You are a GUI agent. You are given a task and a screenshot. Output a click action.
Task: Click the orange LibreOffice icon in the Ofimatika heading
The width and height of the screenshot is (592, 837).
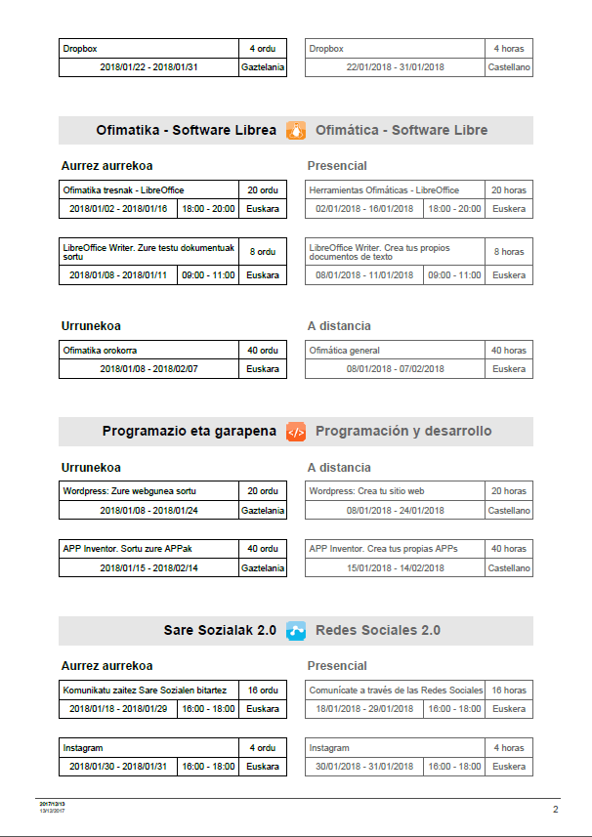pos(296,130)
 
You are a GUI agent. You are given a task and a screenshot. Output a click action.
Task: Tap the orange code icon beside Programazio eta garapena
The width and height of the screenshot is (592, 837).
pos(296,431)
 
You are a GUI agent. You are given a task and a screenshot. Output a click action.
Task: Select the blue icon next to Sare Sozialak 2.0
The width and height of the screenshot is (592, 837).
pos(296,630)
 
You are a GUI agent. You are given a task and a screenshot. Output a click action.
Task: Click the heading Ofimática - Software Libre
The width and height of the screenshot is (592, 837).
pos(402,130)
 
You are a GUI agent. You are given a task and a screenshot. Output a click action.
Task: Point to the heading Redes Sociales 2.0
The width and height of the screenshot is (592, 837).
pos(378,630)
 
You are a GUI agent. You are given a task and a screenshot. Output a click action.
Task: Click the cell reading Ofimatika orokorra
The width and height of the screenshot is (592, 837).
pos(148,350)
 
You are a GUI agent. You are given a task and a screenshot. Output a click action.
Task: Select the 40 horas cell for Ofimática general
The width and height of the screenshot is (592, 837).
pos(508,350)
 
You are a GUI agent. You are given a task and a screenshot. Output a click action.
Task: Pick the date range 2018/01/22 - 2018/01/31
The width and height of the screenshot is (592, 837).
pos(148,67)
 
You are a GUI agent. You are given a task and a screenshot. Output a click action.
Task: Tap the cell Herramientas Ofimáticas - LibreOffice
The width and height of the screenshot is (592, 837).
pos(395,189)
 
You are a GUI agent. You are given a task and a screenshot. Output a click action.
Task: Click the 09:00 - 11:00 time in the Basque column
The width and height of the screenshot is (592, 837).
pos(208,275)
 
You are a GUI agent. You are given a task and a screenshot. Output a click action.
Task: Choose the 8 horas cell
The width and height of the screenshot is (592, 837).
pos(508,251)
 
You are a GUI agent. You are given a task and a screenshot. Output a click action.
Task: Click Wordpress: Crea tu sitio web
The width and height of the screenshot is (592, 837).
pos(395,490)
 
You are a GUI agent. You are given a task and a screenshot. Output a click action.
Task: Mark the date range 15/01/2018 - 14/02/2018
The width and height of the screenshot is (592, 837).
pos(395,567)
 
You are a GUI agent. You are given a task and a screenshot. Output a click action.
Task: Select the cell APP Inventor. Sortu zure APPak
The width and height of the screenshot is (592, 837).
pos(148,548)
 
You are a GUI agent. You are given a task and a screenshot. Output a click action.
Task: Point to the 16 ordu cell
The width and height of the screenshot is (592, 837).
pos(263,690)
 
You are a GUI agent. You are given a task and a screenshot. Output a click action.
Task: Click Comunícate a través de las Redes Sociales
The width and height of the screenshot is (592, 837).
pos(396,690)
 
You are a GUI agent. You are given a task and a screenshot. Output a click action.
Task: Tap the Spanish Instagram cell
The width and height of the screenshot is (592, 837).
pos(395,747)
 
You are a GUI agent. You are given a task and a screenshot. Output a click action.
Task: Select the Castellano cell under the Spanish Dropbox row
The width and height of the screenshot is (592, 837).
pos(508,67)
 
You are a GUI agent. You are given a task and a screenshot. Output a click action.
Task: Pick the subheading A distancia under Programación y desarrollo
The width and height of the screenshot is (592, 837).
pos(339,468)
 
